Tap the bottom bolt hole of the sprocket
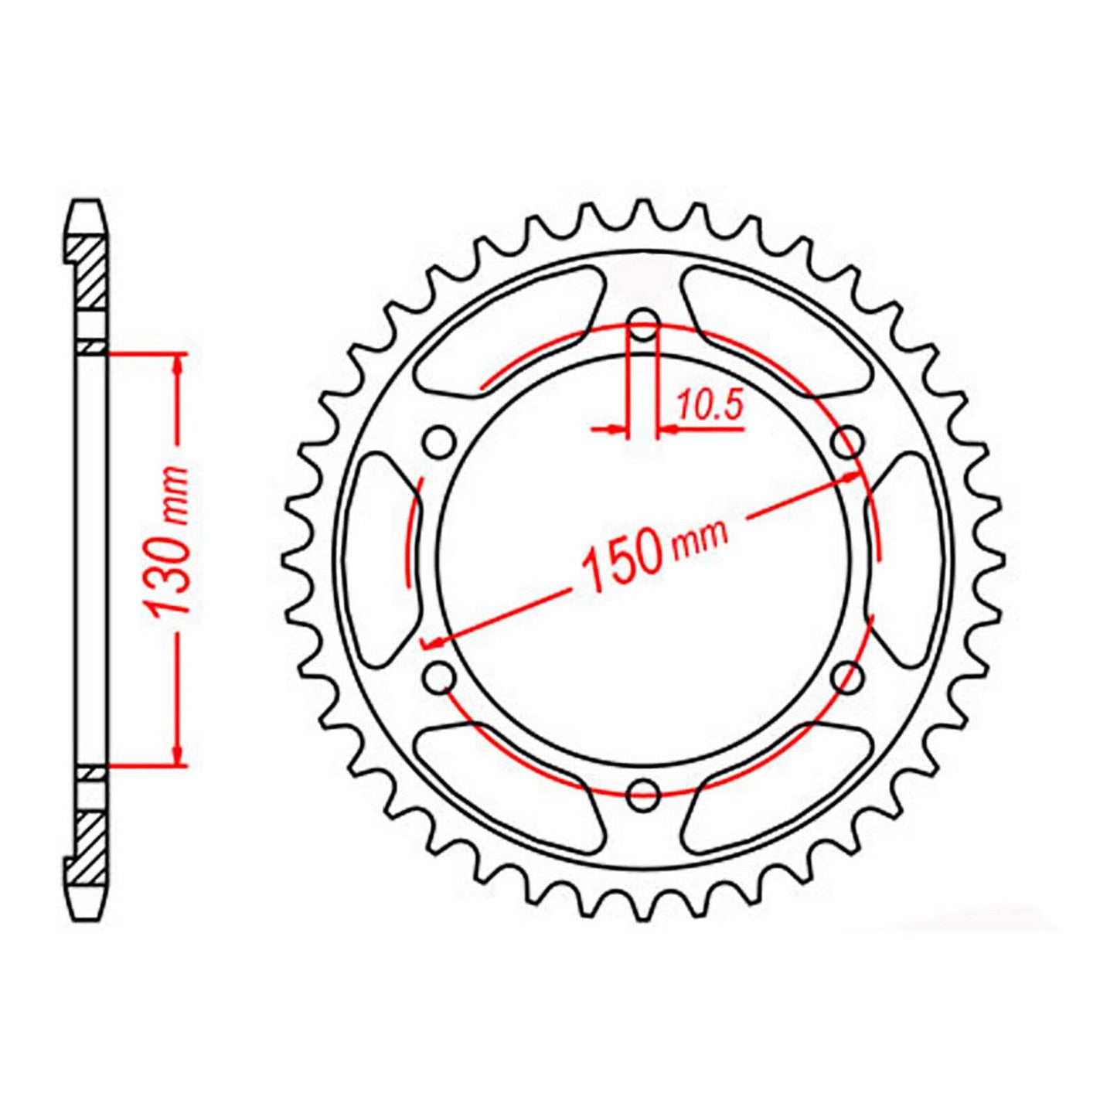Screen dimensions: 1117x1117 pyautogui.click(x=643, y=792)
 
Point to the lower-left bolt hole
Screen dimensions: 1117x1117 pyautogui.click(x=440, y=676)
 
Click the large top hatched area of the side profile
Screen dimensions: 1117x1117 pyautogui.click(x=90, y=274)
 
